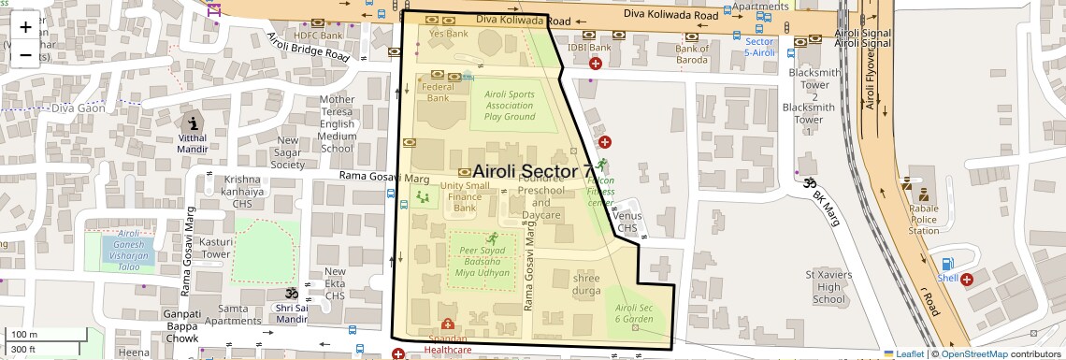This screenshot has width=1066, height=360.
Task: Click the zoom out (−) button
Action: (25, 54)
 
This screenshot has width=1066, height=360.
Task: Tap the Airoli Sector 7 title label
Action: (532, 171)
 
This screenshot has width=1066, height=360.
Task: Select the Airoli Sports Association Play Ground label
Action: (509, 106)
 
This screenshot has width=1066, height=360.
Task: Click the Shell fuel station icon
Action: (946, 266)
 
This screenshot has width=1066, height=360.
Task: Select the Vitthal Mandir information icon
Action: (194, 123)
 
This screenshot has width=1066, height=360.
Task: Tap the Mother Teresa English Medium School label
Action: (337, 123)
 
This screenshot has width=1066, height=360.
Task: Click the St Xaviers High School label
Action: (828, 287)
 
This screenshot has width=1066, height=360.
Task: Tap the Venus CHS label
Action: (627, 222)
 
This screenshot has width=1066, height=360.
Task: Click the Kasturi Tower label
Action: (216, 248)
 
